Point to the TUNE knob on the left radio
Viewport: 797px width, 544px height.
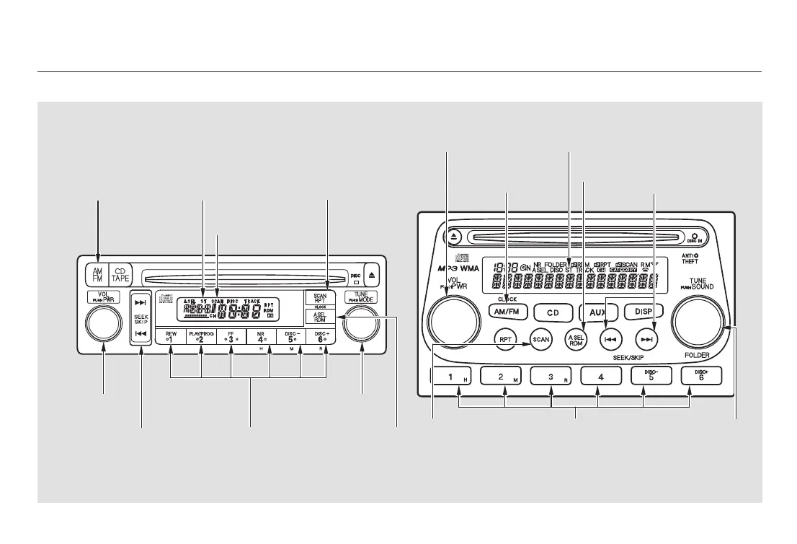(362, 323)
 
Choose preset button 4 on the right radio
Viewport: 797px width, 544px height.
(598, 377)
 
